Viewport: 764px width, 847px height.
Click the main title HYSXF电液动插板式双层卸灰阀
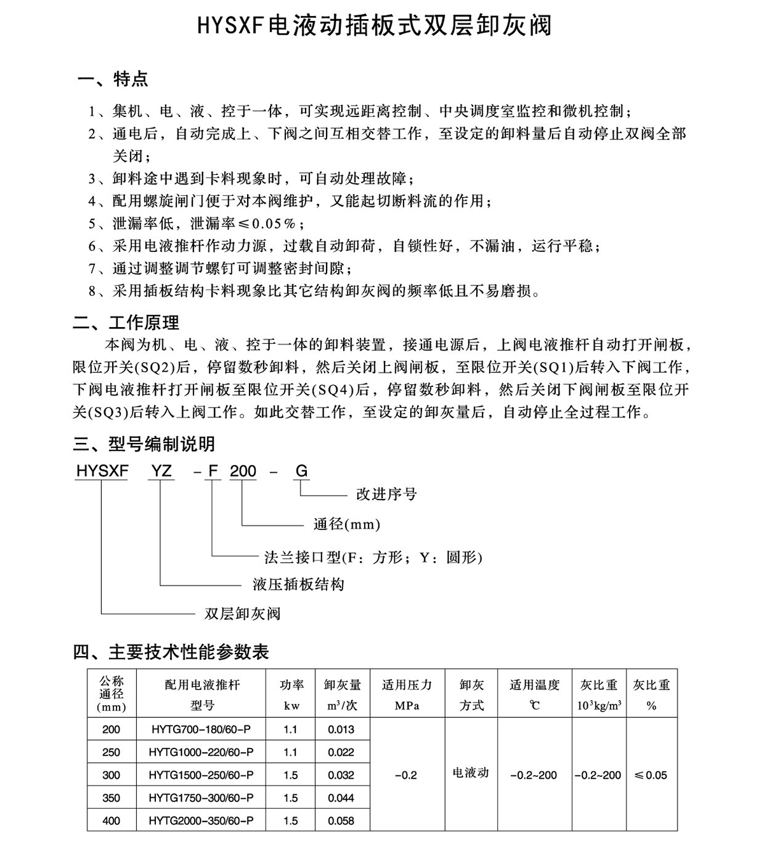[x=374, y=26]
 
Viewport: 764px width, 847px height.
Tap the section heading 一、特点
[x=113, y=80]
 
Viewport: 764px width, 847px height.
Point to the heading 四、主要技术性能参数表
[x=171, y=652]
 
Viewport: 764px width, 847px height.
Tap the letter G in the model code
[x=301, y=471]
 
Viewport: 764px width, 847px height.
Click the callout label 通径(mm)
[x=346, y=524]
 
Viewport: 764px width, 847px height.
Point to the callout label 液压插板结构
[x=298, y=584]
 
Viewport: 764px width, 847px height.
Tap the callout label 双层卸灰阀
[x=242, y=613]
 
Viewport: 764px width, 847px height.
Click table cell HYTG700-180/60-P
[x=201, y=729]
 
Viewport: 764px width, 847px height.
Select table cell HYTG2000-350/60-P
[x=201, y=821]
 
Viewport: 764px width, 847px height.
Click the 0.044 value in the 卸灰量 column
[x=341, y=798]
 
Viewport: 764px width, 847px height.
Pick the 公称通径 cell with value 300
[x=111, y=775]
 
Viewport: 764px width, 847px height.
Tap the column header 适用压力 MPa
[x=407, y=694]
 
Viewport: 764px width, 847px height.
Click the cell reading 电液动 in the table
[x=470, y=773]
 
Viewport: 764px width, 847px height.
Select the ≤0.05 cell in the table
[x=651, y=775]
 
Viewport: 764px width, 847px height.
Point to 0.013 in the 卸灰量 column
[x=341, y=729]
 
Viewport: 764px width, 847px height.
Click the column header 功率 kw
[x=291, y=694]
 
